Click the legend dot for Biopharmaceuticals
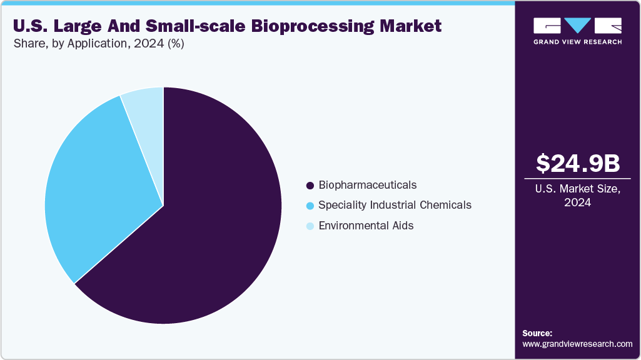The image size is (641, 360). [x=310, y=186]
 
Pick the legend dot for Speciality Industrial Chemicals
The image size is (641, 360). [x=310, y=206]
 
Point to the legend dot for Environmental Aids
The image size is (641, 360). [x=310, y=226]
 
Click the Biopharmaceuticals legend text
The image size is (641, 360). [x=367, y=185]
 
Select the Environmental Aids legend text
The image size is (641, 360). [x=366, y=226]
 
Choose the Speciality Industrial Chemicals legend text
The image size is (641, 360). [x=395, y=205]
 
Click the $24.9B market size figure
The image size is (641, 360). [x=578, y=163]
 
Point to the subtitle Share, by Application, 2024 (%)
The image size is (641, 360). [x=98, y=44]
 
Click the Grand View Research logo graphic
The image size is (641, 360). [x=577, y=25]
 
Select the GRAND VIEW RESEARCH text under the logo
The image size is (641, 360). [x=577, y=42]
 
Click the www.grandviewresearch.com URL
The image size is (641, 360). [x=577, y=344]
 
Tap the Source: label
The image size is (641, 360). [x=537, y=333]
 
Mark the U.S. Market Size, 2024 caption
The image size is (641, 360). [x=578, y=195]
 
